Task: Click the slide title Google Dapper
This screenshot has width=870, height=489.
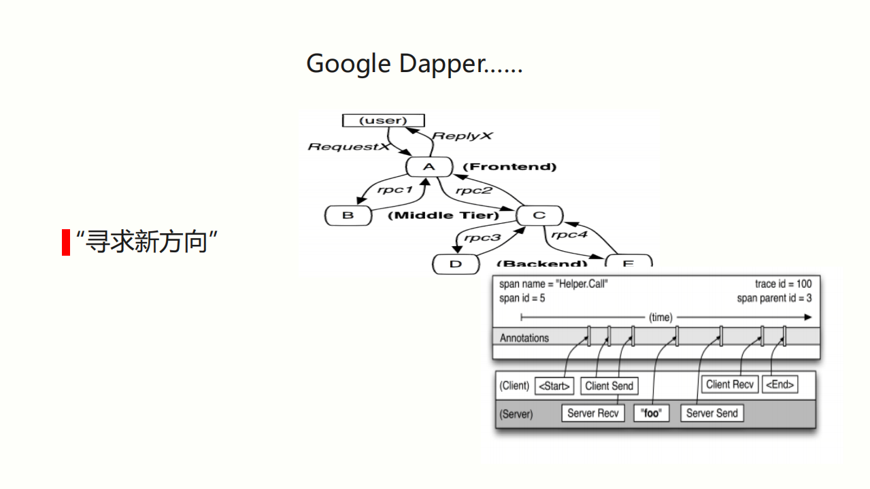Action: pos(414,64)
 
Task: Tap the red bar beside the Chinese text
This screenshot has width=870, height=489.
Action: pos(66,242)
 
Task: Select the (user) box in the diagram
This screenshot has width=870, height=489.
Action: pos(383,120)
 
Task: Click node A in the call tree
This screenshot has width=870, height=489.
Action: pos(429,167)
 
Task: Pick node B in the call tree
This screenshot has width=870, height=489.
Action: pos(348,216)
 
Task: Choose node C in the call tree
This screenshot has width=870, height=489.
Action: pos(539,216)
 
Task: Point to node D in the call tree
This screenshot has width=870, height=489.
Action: pos(456,264)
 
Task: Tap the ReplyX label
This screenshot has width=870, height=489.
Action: pos(463,136)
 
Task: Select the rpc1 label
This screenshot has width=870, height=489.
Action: pos(395,190)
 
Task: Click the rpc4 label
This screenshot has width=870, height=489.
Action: pos(569,235)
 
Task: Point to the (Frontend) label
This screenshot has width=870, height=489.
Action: pos(509,167)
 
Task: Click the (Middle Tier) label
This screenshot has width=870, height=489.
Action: pos(443,216)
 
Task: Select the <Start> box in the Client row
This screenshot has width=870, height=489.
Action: pos(555,386)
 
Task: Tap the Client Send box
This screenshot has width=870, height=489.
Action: pos(609,386)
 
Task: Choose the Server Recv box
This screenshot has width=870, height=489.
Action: pos(593,413)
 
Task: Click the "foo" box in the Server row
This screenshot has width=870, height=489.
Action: pos(651,413)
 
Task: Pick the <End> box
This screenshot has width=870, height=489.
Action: pos(780,384)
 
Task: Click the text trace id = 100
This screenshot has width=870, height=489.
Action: pos(783,284)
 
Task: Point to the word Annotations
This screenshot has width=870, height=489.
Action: pos(524,338)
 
